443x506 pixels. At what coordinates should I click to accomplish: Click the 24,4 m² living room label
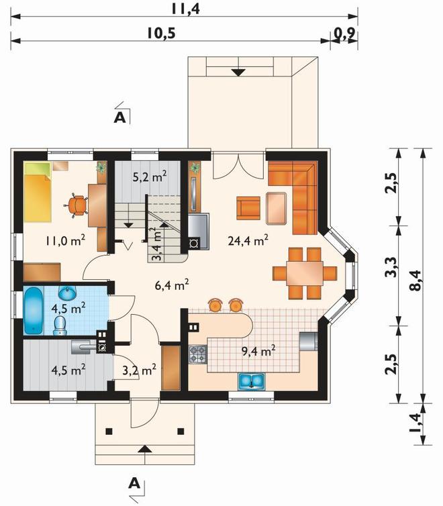coord(248,240)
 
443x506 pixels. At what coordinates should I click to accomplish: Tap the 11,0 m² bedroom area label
coord(66,240)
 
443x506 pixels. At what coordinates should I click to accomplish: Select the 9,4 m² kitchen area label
coord(258,350)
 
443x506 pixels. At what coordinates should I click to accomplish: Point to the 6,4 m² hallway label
coord(172,285)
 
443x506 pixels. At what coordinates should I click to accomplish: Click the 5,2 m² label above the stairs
coord(150,176)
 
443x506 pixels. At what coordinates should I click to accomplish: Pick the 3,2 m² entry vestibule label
coord(140,370)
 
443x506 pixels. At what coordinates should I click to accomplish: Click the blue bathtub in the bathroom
coord(34,311)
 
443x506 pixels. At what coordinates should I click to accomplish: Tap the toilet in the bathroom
coord(59,325)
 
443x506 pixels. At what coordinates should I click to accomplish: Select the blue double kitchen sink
coord(252,381)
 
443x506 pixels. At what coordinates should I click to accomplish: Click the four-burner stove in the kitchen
coord(198,354)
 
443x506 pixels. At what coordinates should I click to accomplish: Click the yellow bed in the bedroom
coord(38,193)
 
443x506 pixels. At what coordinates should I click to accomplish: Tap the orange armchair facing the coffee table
coord(248,208)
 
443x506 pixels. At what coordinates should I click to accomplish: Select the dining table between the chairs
coord(305,273)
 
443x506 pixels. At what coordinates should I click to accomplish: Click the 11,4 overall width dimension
coord(185,9)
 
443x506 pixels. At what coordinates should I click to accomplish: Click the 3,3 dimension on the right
coord(391,268)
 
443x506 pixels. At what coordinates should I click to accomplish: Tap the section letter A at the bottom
coord(134,483)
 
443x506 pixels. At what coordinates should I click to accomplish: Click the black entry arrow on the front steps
coord(145,448)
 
